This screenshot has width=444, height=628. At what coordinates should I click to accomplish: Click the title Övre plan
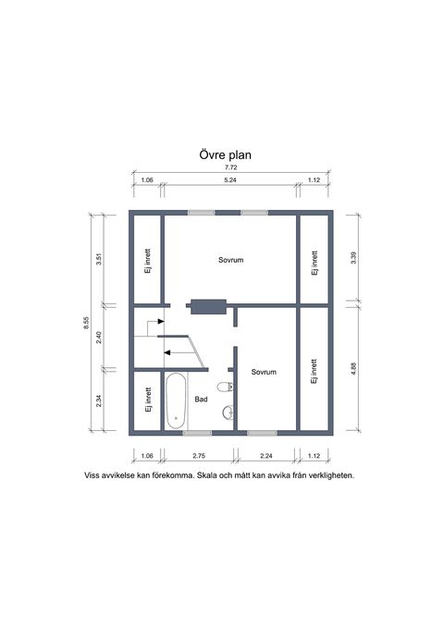coord(225,154)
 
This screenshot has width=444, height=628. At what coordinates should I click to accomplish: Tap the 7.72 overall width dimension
coord(230,167)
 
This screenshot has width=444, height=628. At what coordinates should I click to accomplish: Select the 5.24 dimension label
coord(230,179)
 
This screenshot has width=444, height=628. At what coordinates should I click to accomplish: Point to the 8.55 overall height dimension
coord(86,323)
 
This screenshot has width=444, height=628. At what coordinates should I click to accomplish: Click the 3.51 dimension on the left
coord(99,259)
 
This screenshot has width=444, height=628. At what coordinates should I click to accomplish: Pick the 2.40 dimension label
coord(99,338)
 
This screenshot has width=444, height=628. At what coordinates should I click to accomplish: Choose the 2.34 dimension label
coord(99,400)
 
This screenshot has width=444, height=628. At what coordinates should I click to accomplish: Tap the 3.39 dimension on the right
coord(353,257)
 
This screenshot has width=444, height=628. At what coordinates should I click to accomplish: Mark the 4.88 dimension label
coord(353,368)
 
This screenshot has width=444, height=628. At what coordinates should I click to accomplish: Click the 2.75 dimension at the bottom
coord(199,455)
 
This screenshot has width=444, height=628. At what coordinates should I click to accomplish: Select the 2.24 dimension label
coord(266,455)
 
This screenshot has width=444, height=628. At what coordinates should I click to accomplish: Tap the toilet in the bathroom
coord(225,387)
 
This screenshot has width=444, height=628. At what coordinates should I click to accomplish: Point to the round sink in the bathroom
coord(228,413)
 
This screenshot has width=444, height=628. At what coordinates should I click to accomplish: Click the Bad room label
coord(201,399)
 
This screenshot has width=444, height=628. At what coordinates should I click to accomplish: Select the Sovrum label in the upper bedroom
coord(231,260)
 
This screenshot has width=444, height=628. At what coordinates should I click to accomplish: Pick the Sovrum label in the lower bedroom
coord(264,372)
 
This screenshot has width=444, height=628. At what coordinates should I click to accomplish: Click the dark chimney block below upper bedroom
coord(208,307)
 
